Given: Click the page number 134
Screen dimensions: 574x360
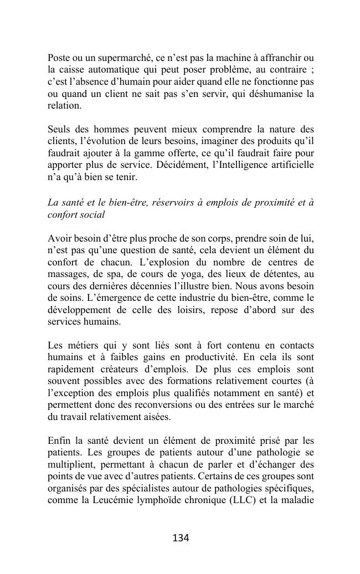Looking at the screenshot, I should [x=181, y=538].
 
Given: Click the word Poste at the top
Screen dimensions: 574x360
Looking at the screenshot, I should [x=59, y=58].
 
